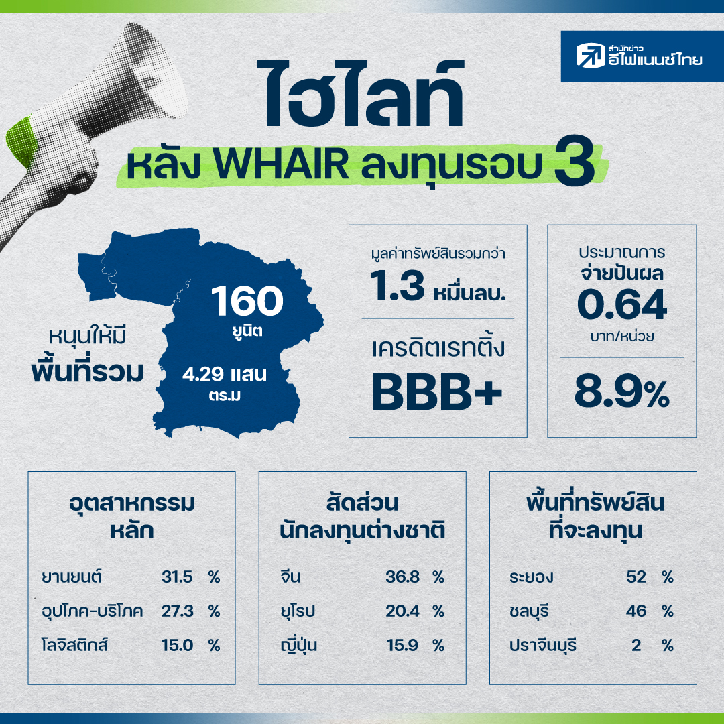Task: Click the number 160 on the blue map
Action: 247,301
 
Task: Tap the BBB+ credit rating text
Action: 436,392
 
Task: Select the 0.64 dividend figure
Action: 621,304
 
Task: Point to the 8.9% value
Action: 621,393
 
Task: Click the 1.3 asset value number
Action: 397,286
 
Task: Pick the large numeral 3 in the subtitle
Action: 575,162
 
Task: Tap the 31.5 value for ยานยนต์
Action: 177,577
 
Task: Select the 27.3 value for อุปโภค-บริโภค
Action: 177,611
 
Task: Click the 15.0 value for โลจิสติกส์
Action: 177,645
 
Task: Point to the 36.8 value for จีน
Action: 403,577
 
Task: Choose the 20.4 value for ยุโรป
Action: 403,611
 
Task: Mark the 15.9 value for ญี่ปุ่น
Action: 403,645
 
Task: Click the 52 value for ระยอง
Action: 636,577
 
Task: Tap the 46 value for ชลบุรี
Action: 636,611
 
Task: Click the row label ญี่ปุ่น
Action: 299,645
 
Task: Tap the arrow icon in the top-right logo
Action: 591,56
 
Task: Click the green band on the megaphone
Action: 21,141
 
